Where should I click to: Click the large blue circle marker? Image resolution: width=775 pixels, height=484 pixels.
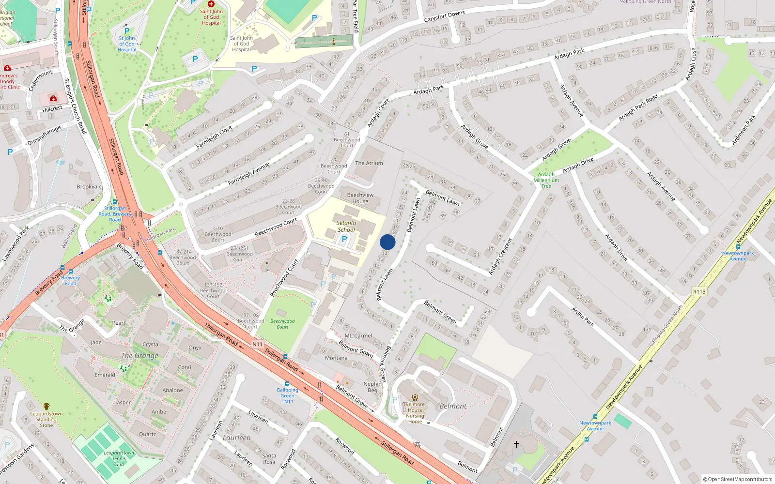[x=387, y=242]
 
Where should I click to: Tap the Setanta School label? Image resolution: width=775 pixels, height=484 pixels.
[x=346, y=227]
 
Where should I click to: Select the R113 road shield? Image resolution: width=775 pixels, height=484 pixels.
[x=699, y=291]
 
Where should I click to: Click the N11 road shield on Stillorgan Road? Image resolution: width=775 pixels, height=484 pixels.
[x=257, y=344]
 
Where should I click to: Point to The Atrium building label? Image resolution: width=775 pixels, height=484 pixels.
[x=369, y=163]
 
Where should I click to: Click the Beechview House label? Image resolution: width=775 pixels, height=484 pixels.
[x=360, y=198]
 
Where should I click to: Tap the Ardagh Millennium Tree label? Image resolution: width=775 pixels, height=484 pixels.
[x=546, y=180]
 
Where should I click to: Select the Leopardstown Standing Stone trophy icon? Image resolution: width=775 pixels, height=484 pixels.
[x=46, y=407]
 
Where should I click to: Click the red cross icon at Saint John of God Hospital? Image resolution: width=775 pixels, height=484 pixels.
[x=211, y=3]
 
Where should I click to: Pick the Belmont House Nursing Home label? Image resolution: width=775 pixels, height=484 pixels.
[x=415, y=413]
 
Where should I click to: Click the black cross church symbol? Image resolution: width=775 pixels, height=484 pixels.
[x=516, y=444]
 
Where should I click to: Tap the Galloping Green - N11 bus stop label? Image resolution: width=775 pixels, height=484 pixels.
[x=287, y=395]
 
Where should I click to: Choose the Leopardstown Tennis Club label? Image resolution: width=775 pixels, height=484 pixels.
[x=119, y=458]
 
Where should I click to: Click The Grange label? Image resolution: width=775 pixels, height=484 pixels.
[x=139, y=356]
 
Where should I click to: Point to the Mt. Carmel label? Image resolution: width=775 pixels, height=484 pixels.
[x=358, y=335]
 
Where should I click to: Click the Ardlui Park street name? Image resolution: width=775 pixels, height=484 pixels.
[x=582, y=317]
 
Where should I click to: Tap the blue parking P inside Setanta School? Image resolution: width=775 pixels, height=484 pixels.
[x=344, y=239]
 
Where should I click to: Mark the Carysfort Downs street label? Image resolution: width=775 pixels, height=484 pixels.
[x=444, y=16]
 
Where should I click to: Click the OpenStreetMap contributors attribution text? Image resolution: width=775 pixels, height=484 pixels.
[x=738, y=479]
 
